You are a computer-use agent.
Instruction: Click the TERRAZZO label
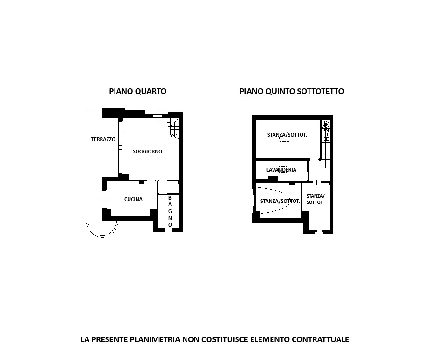[103, 139]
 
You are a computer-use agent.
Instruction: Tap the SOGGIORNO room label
[147, 151]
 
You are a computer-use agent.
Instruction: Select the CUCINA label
[133, 199]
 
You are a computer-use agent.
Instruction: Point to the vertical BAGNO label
[170, 211]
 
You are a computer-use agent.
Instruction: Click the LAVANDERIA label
[281, 170]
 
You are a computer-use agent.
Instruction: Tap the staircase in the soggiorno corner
[173, 128]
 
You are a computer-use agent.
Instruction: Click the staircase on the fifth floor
[325, 144]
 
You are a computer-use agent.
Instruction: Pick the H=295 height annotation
[327, 130]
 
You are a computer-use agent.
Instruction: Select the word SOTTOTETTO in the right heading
[320, 91]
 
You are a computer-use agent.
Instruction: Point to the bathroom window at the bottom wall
[168, 230]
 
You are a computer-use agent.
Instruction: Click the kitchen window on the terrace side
[104, 199]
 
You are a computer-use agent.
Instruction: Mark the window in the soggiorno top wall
[158, 116]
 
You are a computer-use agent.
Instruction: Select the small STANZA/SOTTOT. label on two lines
[315, 199]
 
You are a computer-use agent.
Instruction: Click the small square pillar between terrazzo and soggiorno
[120, 148]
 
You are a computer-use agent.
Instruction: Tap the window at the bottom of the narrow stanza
[318, 231]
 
